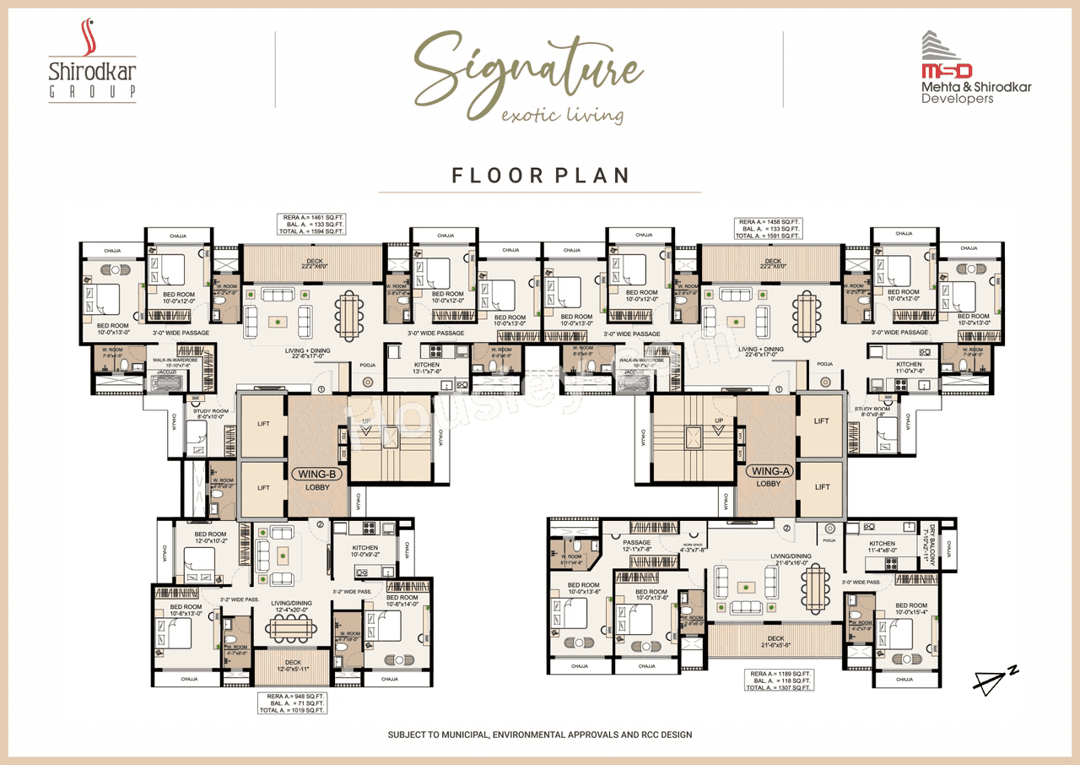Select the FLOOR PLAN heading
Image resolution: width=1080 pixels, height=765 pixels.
[x=540, y=176]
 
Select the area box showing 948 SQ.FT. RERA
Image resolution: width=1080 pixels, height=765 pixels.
[x=291, y=703]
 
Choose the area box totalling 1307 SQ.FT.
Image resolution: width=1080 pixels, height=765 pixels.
[x=779, y=681]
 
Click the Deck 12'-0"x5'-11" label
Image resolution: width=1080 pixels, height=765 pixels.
[x=292, y=665]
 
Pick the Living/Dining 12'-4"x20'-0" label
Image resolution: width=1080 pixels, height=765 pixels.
[x=291, y=606]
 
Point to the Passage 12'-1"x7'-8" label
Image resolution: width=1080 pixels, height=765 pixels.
[x=637, y=545]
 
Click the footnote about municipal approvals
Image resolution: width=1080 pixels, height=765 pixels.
[x=540, y=735]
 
